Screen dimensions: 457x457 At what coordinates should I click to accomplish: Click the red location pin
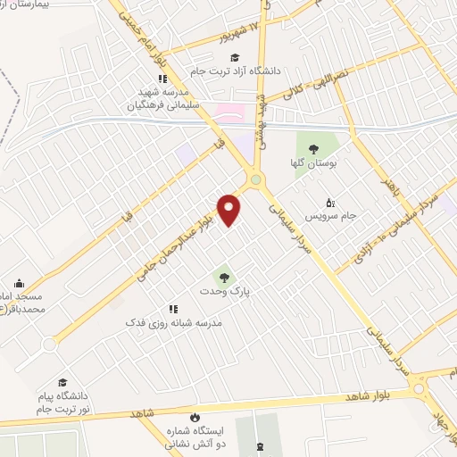[229, 210]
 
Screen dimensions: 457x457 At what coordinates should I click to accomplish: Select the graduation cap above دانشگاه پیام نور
[62, 382]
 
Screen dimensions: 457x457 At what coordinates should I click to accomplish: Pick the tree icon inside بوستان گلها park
[313, 148]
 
